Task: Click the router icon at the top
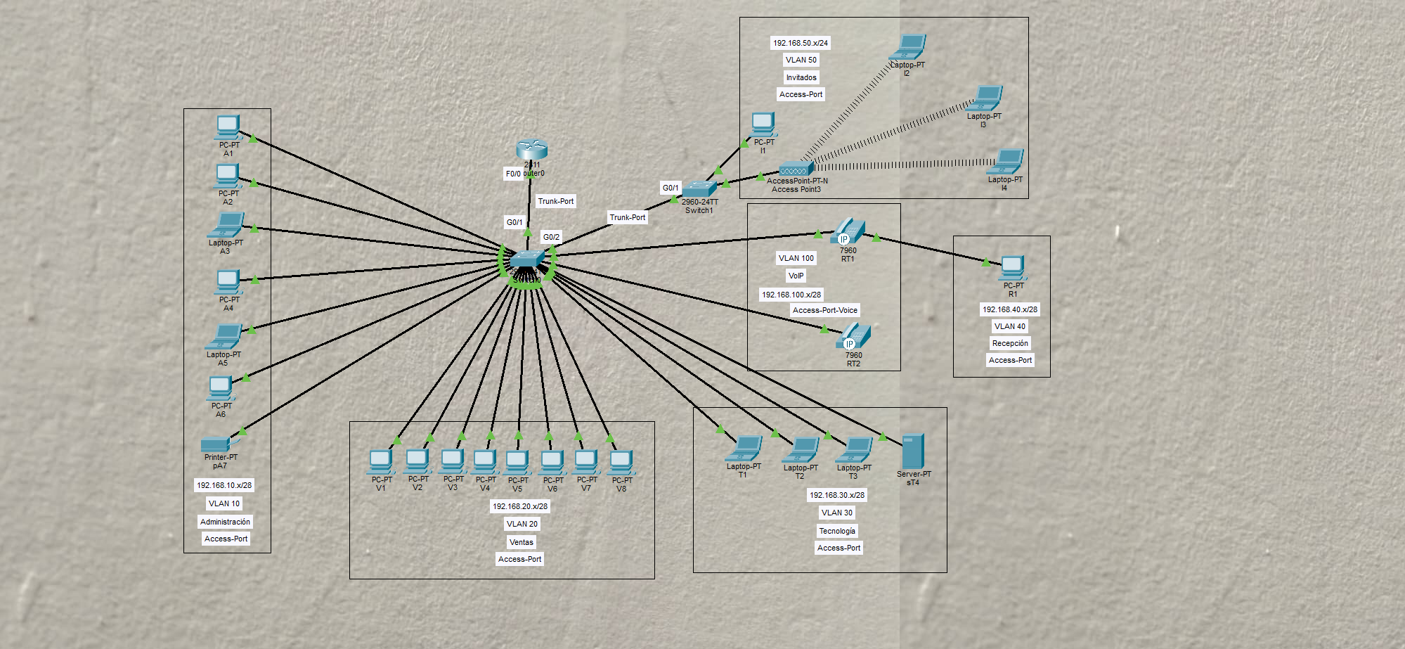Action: tap(531, 149)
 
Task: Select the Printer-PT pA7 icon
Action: tap(215, 444)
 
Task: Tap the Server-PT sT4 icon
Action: tap(912, 451)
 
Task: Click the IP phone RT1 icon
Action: tap(848, 231)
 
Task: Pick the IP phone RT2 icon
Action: tap(854, 336)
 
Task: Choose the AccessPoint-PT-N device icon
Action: tap(796, 169)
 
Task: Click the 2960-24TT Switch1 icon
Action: tap(699, 188)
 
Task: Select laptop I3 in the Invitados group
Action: tap(985, 99)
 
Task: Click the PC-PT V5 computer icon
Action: tap(517, 462)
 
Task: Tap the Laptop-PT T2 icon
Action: tap(802, 449)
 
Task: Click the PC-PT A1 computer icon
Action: tap(228, 127)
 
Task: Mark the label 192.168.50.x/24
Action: tap(801, 43)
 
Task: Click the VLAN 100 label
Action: tap(796, 258)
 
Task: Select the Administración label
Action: tap(225, 522)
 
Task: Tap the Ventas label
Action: tap(522, 542)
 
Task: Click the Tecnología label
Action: tap(837, 531)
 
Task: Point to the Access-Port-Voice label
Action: tap(825, 310)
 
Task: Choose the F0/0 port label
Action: tap(513, 174)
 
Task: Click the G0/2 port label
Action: tap(551, 237)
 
